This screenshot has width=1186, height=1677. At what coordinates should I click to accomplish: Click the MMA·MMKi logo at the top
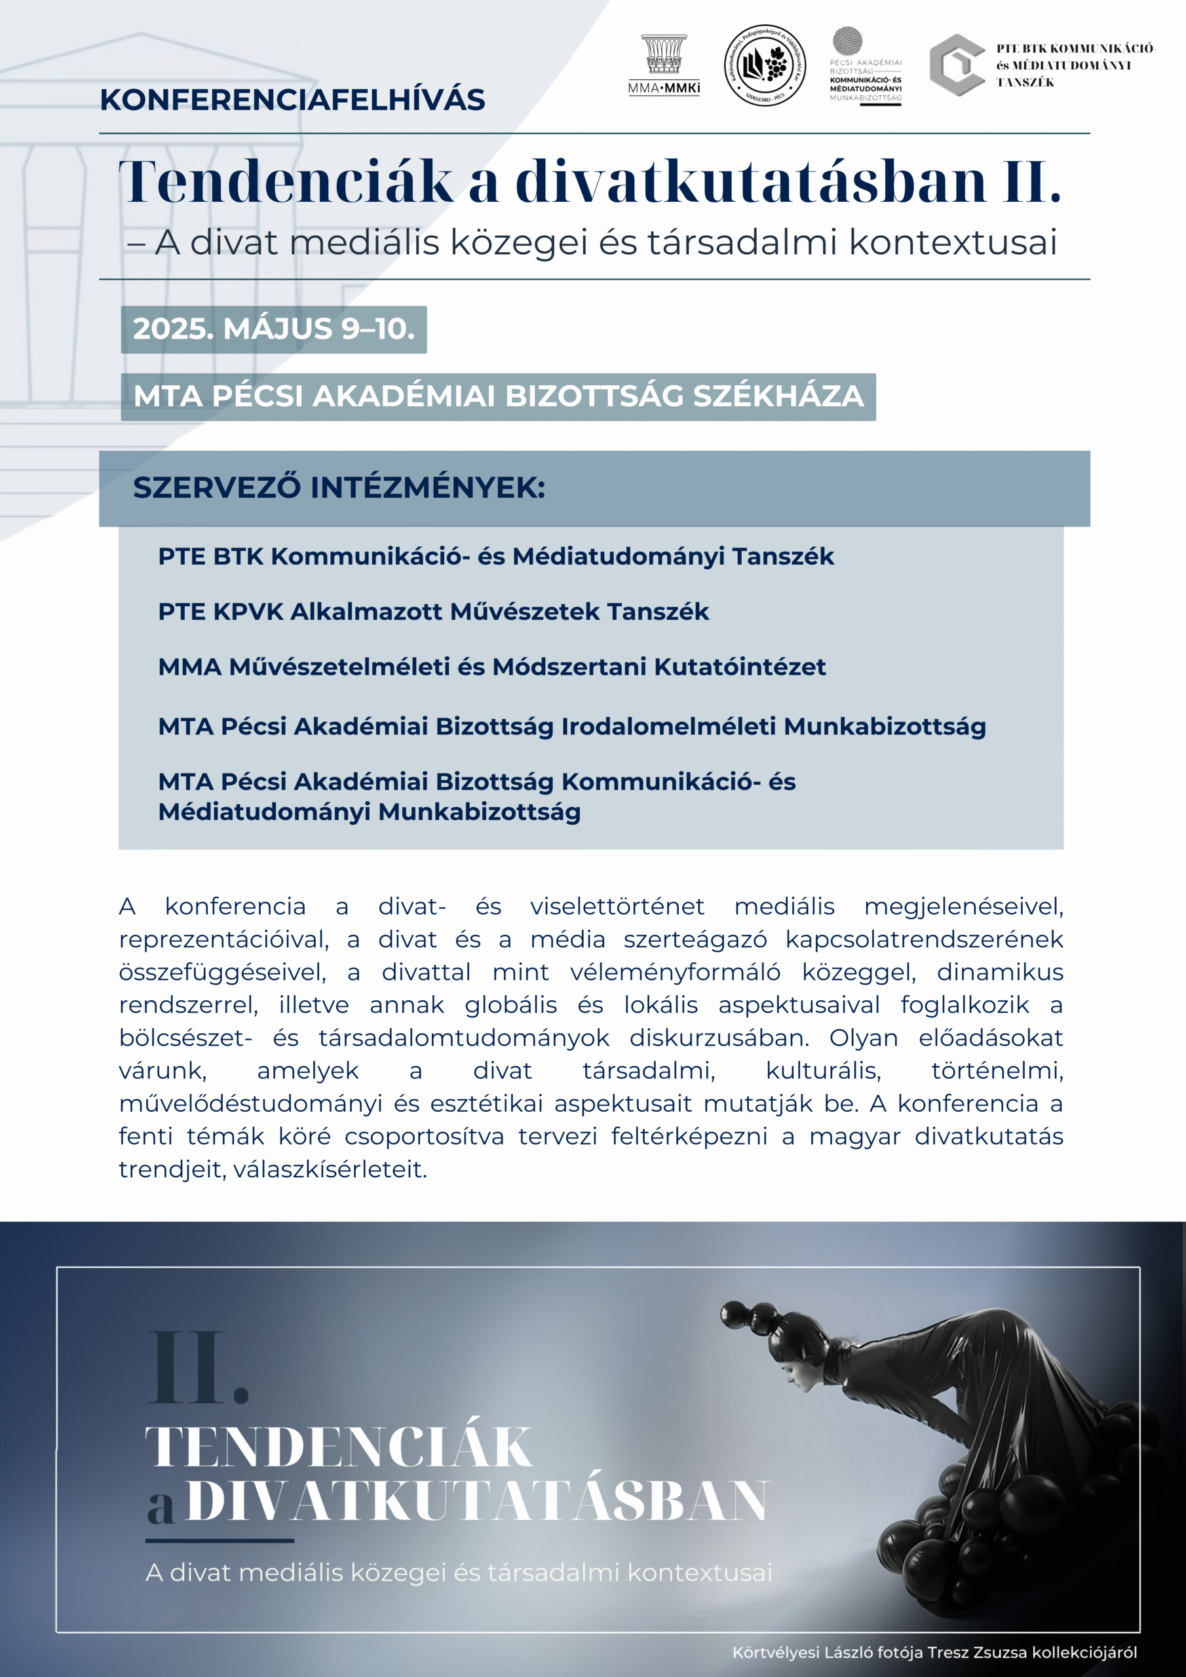click(664, 66)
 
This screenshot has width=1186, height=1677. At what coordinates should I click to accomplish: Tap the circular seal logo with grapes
click(765, 66)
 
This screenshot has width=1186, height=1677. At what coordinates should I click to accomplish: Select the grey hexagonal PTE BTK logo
click(956, 66)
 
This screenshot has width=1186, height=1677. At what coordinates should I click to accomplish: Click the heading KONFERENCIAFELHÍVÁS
click(292, 100)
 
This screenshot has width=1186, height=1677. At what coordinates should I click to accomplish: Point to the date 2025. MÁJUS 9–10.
click(273, 330)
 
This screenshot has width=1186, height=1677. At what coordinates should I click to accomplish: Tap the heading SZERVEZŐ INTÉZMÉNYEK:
click(339, 488)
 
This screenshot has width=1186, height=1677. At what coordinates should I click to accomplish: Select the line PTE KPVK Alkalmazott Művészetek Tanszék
click(433, 611)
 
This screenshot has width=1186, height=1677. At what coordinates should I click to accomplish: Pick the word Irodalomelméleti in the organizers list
click(668, 726)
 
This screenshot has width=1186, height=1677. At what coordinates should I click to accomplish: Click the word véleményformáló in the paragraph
click(675, 972)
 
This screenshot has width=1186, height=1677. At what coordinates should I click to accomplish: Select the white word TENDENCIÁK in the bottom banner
click(338, 1448)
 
